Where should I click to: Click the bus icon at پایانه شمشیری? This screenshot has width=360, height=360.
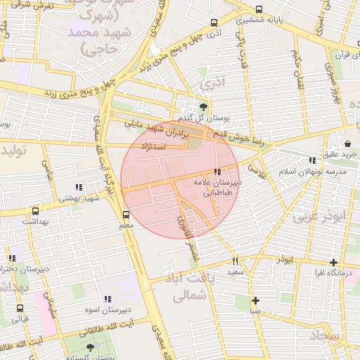(x=260, y=10)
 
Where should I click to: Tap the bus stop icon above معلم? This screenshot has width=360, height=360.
(x=127, y=214)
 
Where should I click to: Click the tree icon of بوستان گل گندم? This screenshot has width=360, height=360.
(x=204, y=107)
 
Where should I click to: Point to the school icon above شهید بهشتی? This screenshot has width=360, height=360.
(x=79, y=187)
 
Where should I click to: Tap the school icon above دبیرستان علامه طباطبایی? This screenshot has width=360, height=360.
(x=217, y=171)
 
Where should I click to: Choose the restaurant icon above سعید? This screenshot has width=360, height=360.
(x=235, y=260)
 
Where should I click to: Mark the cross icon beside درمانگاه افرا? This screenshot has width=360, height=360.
(x=334, y=262)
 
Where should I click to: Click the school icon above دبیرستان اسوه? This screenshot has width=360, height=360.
(x=108, y=299)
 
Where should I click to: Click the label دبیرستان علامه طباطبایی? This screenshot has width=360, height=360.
(x=218, y=186)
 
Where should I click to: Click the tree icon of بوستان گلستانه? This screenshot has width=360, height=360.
(x=89, y=347)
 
